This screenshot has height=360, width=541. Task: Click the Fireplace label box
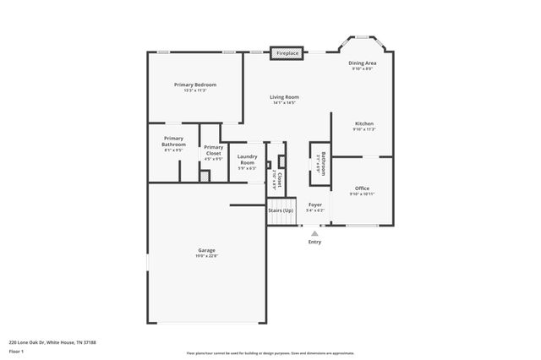(x=287, y=53)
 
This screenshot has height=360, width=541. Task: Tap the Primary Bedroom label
(x=195, y=85)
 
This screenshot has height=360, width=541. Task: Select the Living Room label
(x=284, y=97)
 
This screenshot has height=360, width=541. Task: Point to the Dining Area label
(x=363, y=63)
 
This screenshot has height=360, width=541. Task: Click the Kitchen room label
(x=363, y=123)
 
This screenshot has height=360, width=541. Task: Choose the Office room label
(x=362, y=188)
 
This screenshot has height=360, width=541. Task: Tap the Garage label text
(x=206, y=250)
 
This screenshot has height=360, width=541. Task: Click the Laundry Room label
(x=247, y=159)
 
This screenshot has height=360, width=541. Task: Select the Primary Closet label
(x=213, y=150)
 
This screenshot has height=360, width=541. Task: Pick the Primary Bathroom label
(x=173, y=141)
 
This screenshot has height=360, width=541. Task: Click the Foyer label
(x=314, y=205)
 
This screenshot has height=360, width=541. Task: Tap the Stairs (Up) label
(x=281, y=210)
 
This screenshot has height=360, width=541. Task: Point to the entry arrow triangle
(x=314, y=233)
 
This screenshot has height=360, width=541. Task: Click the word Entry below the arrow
(x=314, y=243)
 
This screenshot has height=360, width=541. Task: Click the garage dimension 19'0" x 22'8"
(x=206, y=256)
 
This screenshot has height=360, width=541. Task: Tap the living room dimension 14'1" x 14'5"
(x=284, y=103)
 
